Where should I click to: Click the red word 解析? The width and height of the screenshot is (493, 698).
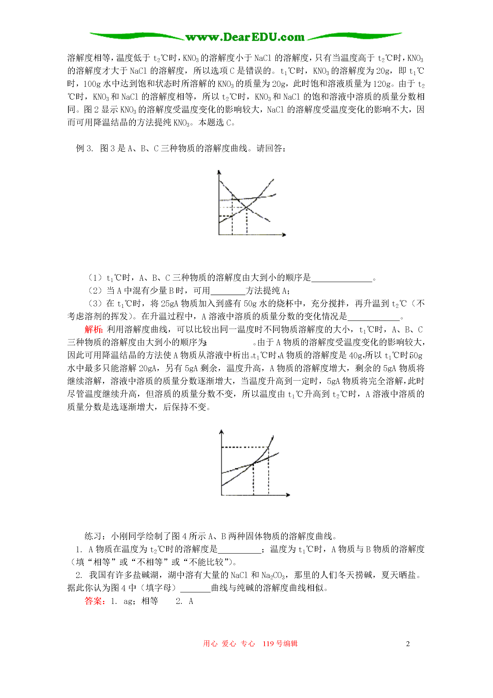coord(93,330)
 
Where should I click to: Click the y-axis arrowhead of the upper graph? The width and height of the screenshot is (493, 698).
coord(219,172)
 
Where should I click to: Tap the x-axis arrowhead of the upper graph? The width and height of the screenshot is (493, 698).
coord(284,235)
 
